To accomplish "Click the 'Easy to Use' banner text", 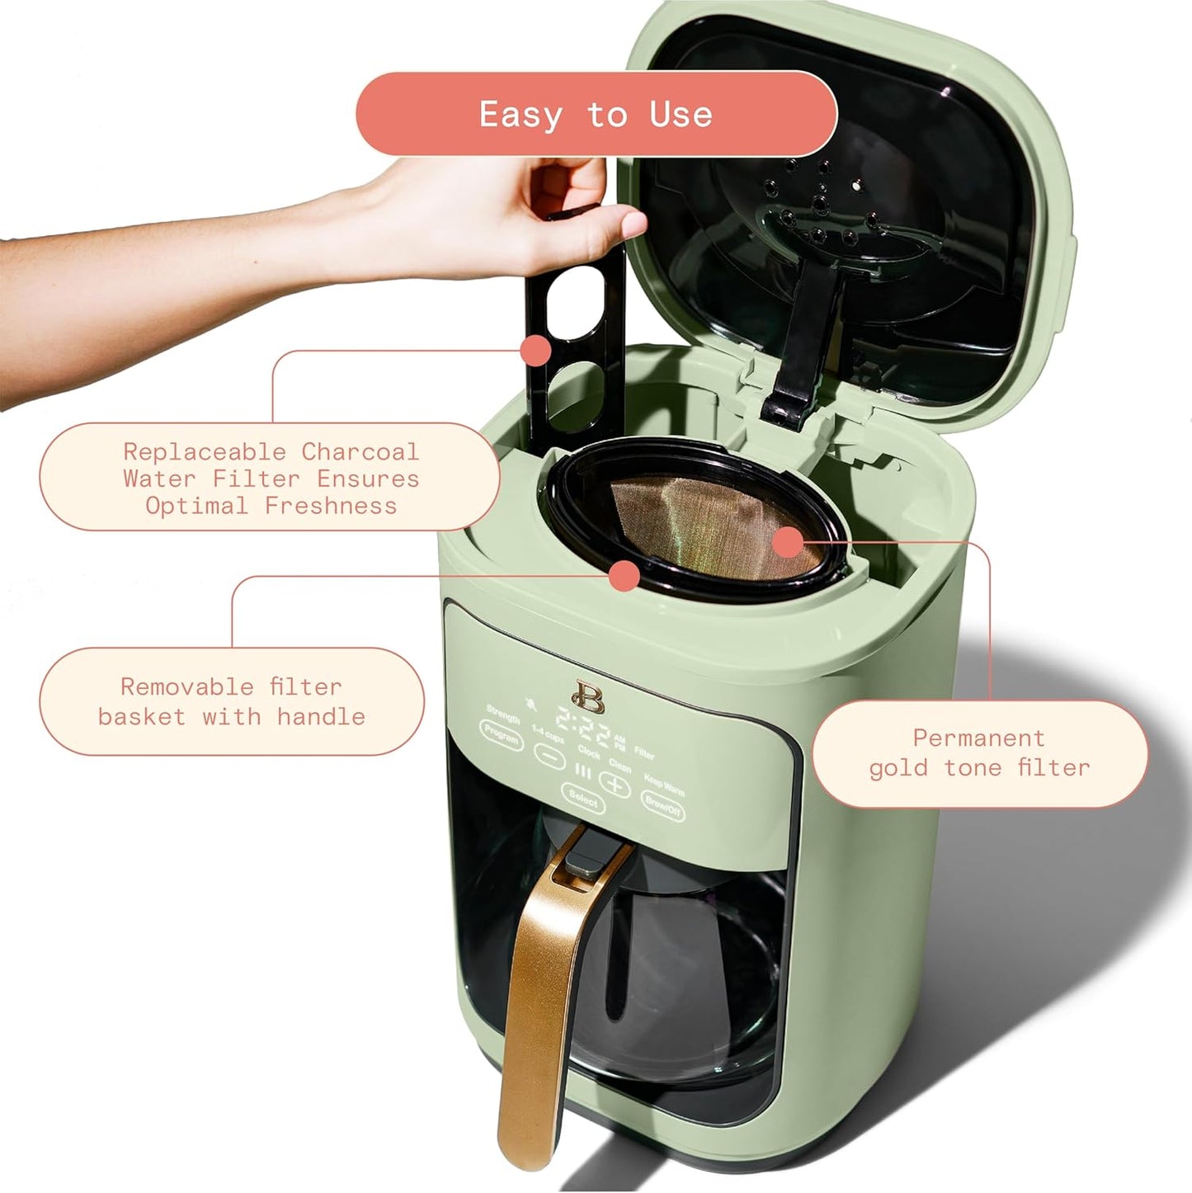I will [x=596, y=114].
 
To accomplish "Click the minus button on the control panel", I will [x=549, y=754].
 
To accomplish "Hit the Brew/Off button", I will [x=663, y=805].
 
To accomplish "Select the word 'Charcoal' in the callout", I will [x=360, y=452].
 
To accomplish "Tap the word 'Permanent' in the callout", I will [x=978, y=738].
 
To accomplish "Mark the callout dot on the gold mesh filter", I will [x=788, y=542].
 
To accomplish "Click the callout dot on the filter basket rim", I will [x=625, y=575].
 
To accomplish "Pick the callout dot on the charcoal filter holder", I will [x=536, y=350].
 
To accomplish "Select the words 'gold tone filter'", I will [x=979, y=768].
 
